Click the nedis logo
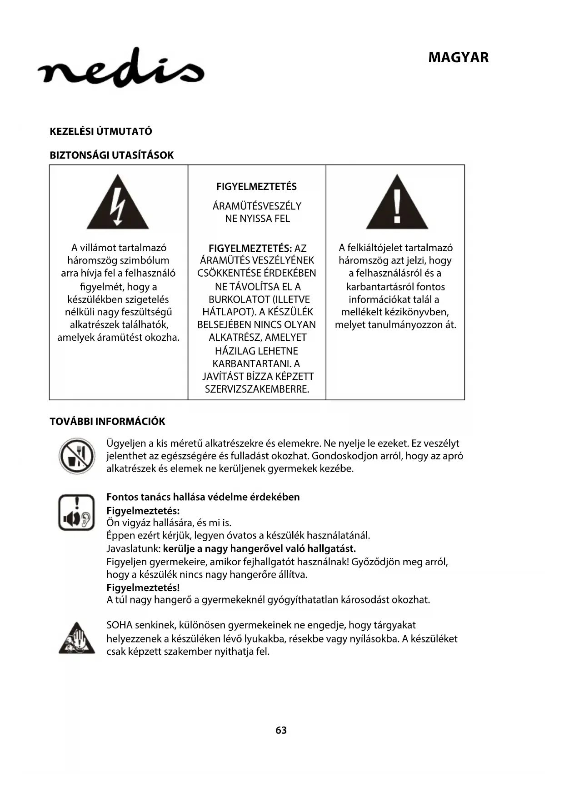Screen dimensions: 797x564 tap(121, 68)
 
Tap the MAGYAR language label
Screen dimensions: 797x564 tap(458, 58)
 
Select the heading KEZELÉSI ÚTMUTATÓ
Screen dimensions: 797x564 tap(101, 132)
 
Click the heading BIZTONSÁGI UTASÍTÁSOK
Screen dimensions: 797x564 tap(112, 155)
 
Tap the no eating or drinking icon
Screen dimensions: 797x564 tap(77, 456)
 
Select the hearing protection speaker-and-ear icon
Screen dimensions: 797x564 tap(76, 513)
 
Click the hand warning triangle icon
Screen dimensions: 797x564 tap(77, 638)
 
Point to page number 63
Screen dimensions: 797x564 tap(281, 730)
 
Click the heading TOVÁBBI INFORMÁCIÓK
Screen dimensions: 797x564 tap(107, 422)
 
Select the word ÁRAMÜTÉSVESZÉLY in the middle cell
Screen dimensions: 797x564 tap(257, 206)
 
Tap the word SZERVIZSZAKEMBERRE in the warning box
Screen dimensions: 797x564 tap(257, 389)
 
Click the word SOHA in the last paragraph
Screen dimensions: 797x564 tap(119, 626)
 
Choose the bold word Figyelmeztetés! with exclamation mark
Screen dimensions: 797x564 tap(143, 588)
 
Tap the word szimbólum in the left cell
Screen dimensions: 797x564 tap(145, 261)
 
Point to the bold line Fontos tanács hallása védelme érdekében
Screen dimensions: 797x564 tap(203, 497)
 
